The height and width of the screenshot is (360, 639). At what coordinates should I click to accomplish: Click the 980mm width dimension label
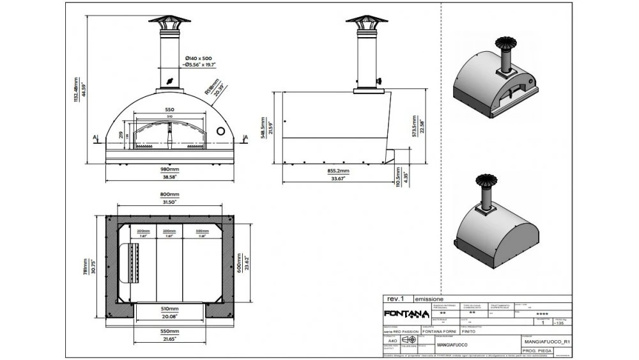(169, 169)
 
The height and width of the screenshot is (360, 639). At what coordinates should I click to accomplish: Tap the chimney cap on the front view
(169, 19)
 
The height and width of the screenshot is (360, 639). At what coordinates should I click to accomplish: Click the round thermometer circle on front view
(220, 130)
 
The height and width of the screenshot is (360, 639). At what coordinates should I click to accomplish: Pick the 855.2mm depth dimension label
(334, 171)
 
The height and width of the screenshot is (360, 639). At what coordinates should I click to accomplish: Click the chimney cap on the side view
(366, 19)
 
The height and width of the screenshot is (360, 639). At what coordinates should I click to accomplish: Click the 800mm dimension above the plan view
(169, 194)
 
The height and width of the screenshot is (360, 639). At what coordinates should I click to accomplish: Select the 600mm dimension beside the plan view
(240, 262)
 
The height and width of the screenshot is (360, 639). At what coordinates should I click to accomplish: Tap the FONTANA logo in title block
(406, 313)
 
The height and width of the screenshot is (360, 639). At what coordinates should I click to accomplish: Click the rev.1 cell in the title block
(396, 299)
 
